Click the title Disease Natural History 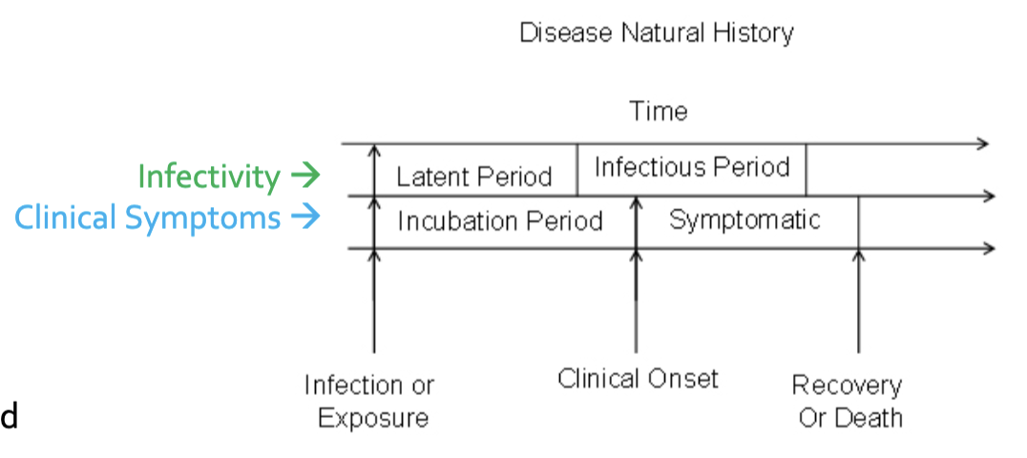657,32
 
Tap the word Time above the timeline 659,111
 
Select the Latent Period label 474,177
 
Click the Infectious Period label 692,167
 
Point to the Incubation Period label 500,221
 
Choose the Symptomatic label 744,219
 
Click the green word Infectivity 209,176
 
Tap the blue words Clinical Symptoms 147,218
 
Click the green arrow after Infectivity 305,175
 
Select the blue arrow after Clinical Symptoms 305,217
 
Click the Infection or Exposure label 369,401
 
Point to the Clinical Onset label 638,379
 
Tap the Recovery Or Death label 847,401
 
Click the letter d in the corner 10,417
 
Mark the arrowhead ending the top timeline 982,143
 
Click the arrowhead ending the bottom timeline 989,248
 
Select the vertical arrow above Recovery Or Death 859,301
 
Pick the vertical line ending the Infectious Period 807,170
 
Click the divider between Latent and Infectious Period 577,170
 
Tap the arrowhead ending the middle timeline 989,196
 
